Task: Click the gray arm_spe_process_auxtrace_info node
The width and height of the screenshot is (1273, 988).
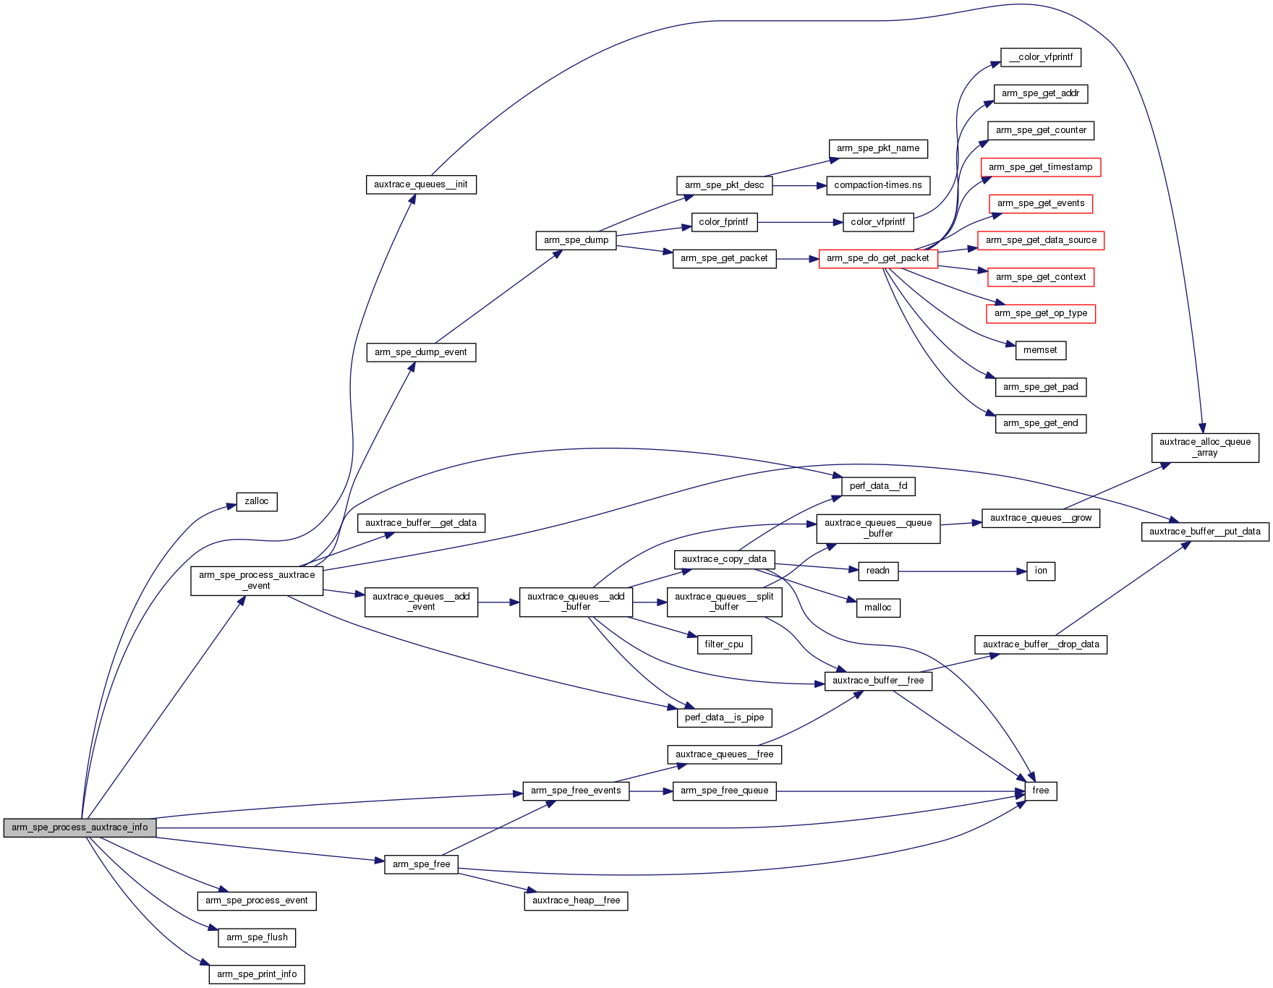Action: point(80,827)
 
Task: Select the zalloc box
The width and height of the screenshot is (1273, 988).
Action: point(257,501)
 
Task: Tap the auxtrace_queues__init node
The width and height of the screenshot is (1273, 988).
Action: point(421,184)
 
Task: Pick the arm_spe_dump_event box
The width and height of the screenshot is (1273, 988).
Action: point(421,352)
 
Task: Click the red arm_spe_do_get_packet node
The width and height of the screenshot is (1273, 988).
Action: point(877,258)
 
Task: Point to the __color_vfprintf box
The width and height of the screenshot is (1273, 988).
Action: point(1041,57)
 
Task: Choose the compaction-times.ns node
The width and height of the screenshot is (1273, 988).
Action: point(877,185)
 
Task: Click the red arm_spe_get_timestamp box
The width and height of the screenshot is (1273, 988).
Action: point(1040,167)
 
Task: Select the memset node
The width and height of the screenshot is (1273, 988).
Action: point(1040,350)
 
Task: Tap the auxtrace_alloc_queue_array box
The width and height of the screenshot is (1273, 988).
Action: point(1205,447)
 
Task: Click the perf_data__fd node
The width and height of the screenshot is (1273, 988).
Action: point(878,486)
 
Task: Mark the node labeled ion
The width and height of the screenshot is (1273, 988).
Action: point(1041,571)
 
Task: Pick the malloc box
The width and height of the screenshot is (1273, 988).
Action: point(878,608)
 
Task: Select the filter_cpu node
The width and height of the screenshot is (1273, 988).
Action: point(724,644)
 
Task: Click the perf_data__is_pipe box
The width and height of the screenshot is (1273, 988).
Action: point(725,717)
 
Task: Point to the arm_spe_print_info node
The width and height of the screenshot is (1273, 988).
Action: point(257,974)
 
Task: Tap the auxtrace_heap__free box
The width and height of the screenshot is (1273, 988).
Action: point(576,900)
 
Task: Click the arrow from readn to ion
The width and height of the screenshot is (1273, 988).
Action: point(962,571)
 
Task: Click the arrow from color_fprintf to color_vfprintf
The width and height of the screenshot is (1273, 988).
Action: point(800,222)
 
